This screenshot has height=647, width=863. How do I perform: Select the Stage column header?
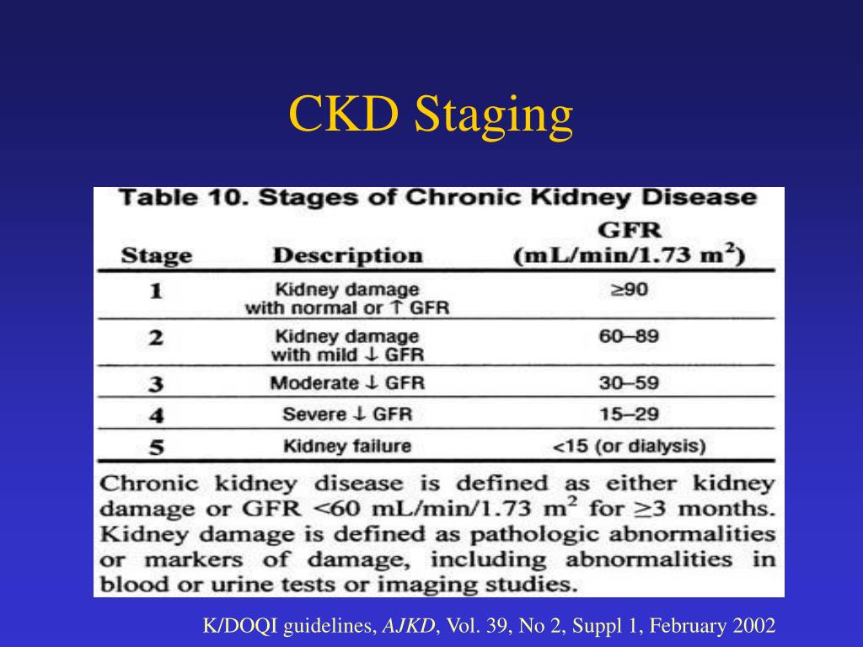157,255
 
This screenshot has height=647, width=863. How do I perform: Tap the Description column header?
347,255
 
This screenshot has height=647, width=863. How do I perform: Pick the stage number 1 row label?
156,293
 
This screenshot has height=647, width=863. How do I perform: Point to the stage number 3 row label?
156,385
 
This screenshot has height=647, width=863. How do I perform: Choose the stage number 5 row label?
156,447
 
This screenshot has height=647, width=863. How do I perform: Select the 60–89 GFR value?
630,337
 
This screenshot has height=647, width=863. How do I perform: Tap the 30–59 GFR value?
630,382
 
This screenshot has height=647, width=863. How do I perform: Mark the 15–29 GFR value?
630,414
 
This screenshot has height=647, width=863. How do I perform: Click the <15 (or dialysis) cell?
630,446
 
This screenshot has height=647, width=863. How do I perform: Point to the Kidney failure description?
347,446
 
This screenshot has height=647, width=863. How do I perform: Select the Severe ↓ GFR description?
347,414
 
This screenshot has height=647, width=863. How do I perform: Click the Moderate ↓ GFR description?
347,383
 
